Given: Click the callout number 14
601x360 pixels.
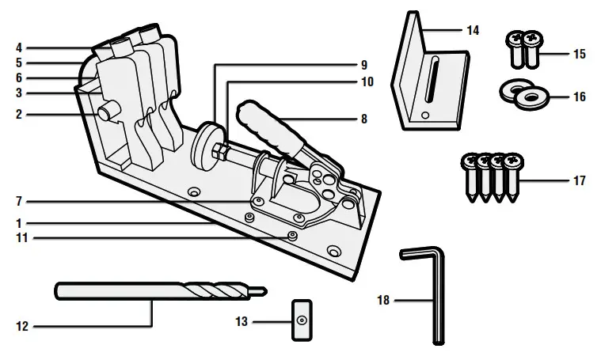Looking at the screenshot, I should (x=473, y=31).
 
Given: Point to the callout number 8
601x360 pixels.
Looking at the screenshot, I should (x=363, y=119).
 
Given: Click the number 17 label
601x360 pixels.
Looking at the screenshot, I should (x=579, y=181).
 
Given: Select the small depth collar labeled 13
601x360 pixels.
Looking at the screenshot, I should (x=302, y=319).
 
